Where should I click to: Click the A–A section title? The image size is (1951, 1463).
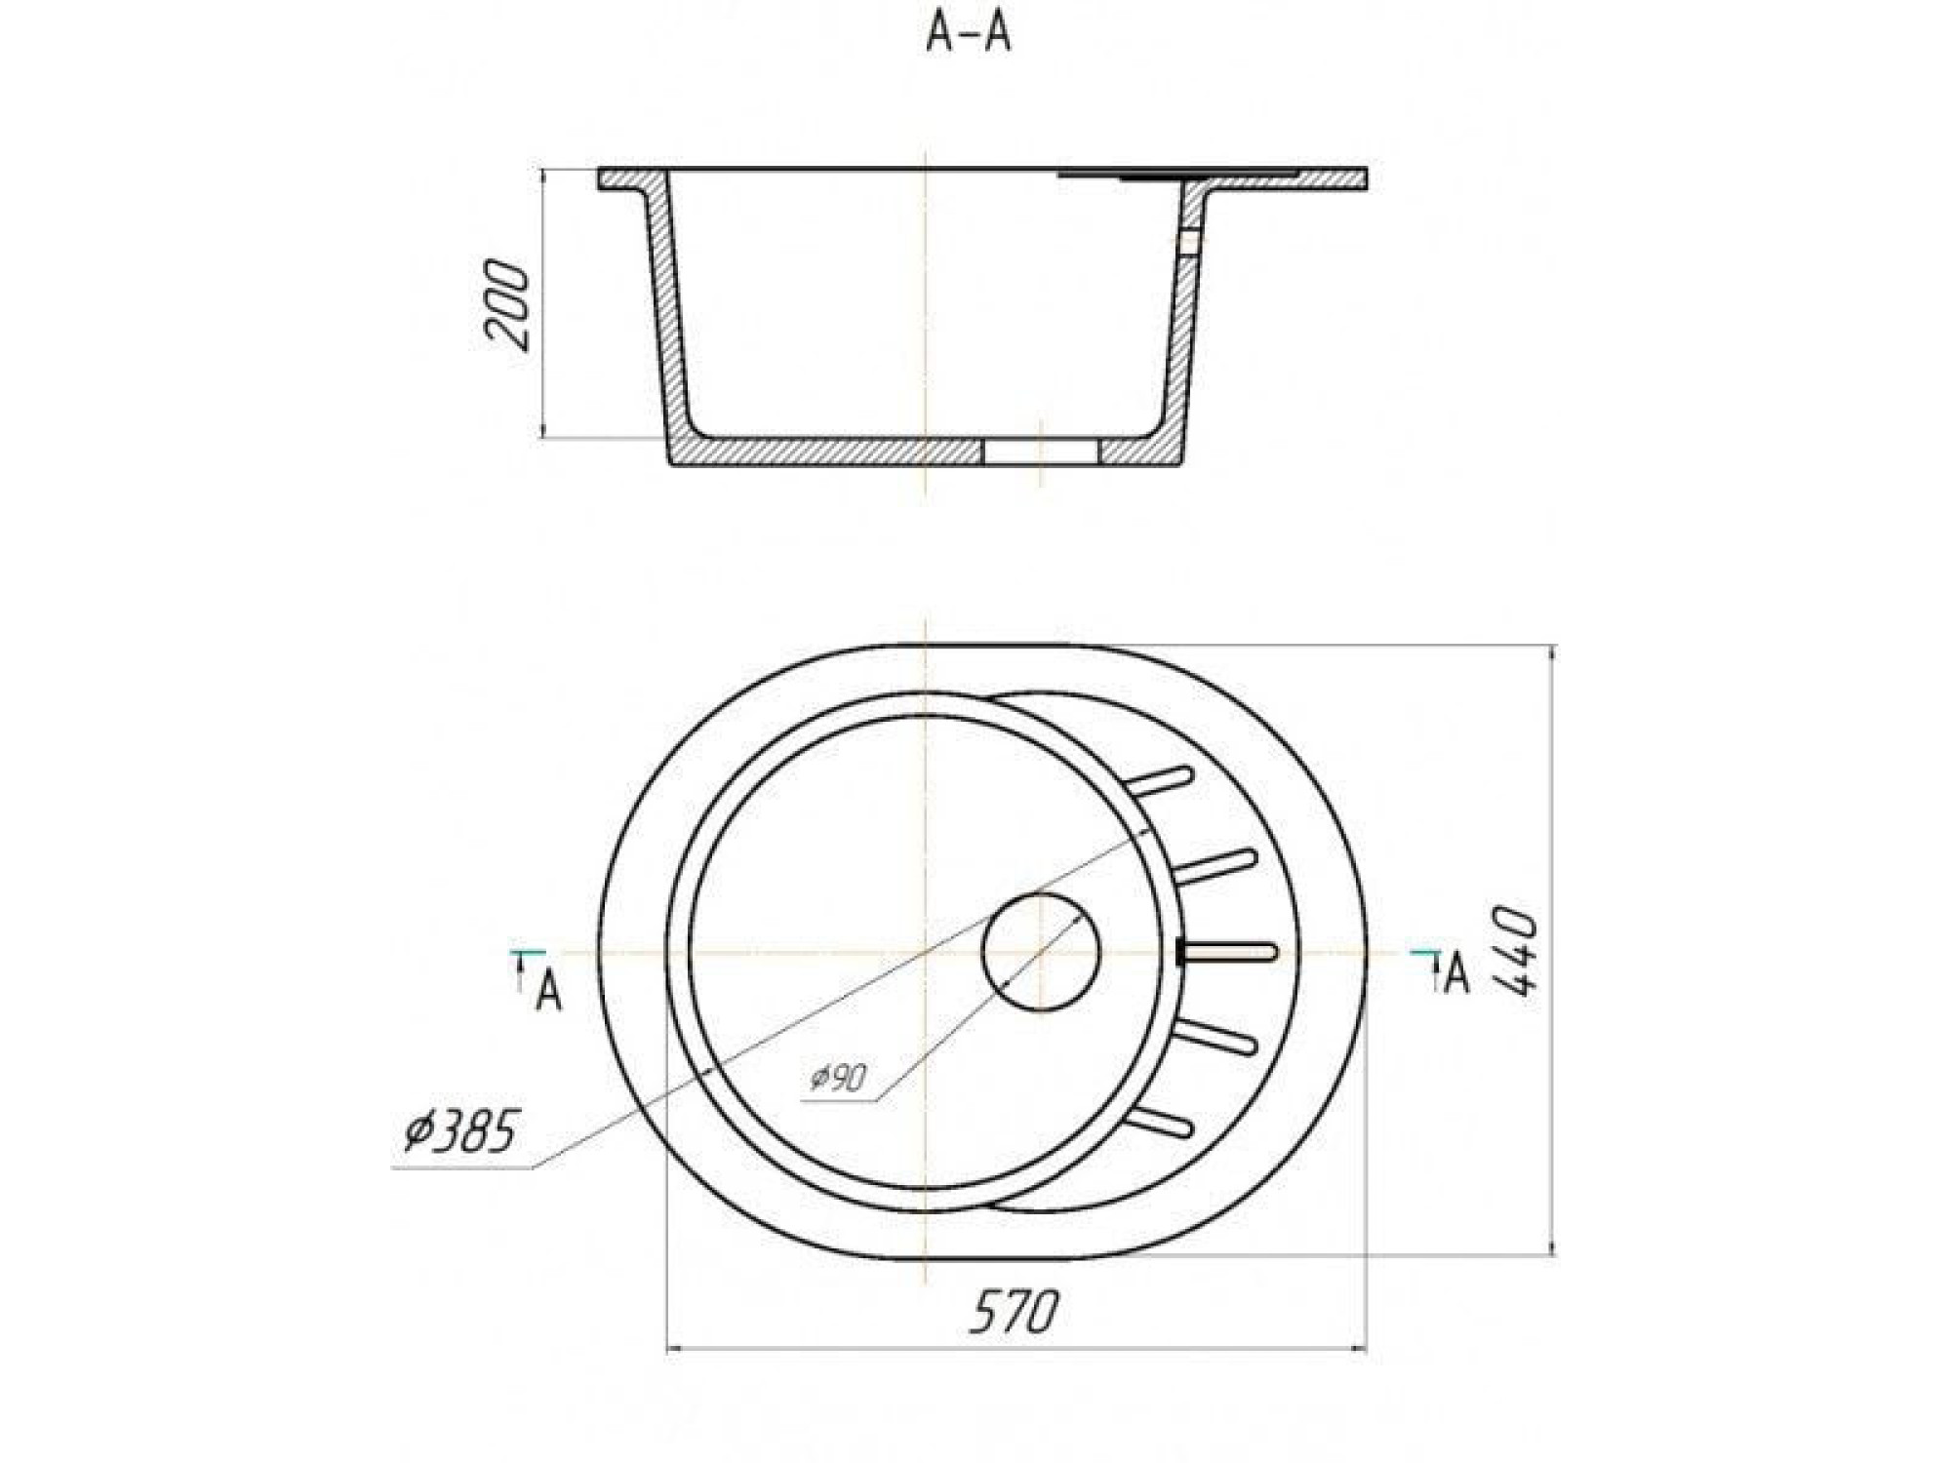click(968, 35)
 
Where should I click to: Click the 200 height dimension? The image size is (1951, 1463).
click(508, 304)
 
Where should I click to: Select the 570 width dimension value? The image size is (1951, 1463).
click(1014, 1312)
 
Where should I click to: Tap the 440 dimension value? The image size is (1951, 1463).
click(1515, 951)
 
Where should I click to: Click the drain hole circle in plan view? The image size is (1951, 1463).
click(1041, 951)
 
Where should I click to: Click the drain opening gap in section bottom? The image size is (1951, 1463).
click(1040, 452)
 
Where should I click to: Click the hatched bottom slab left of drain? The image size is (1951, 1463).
click(829, 452)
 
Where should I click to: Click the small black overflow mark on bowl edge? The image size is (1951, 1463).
click(1181, 952)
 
